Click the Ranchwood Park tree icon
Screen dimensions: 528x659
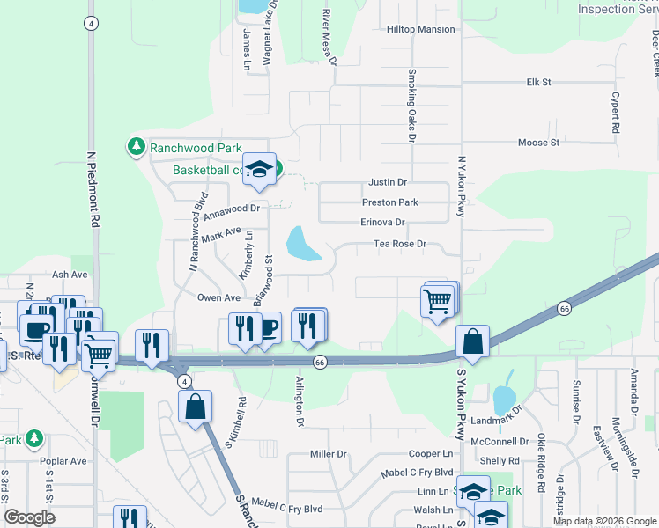point(137,146)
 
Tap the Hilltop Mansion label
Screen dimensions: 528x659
point(421,29)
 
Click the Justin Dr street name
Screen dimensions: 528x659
point(387,182)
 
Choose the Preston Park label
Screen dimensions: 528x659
point(389,202)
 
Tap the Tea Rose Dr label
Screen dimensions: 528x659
point(399,244)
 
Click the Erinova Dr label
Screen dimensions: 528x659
point(383,223)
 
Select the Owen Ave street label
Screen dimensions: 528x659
point(218,298)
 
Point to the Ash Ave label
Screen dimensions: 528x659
point(70,275)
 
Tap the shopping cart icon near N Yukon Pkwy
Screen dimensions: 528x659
point(439,302)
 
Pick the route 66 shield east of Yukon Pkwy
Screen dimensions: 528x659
point(564,308)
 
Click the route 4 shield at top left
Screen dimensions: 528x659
point(91,24)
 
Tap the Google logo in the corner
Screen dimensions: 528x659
point(29,517)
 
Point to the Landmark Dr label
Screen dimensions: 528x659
point(497,420)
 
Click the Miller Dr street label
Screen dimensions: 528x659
point(329,453)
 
